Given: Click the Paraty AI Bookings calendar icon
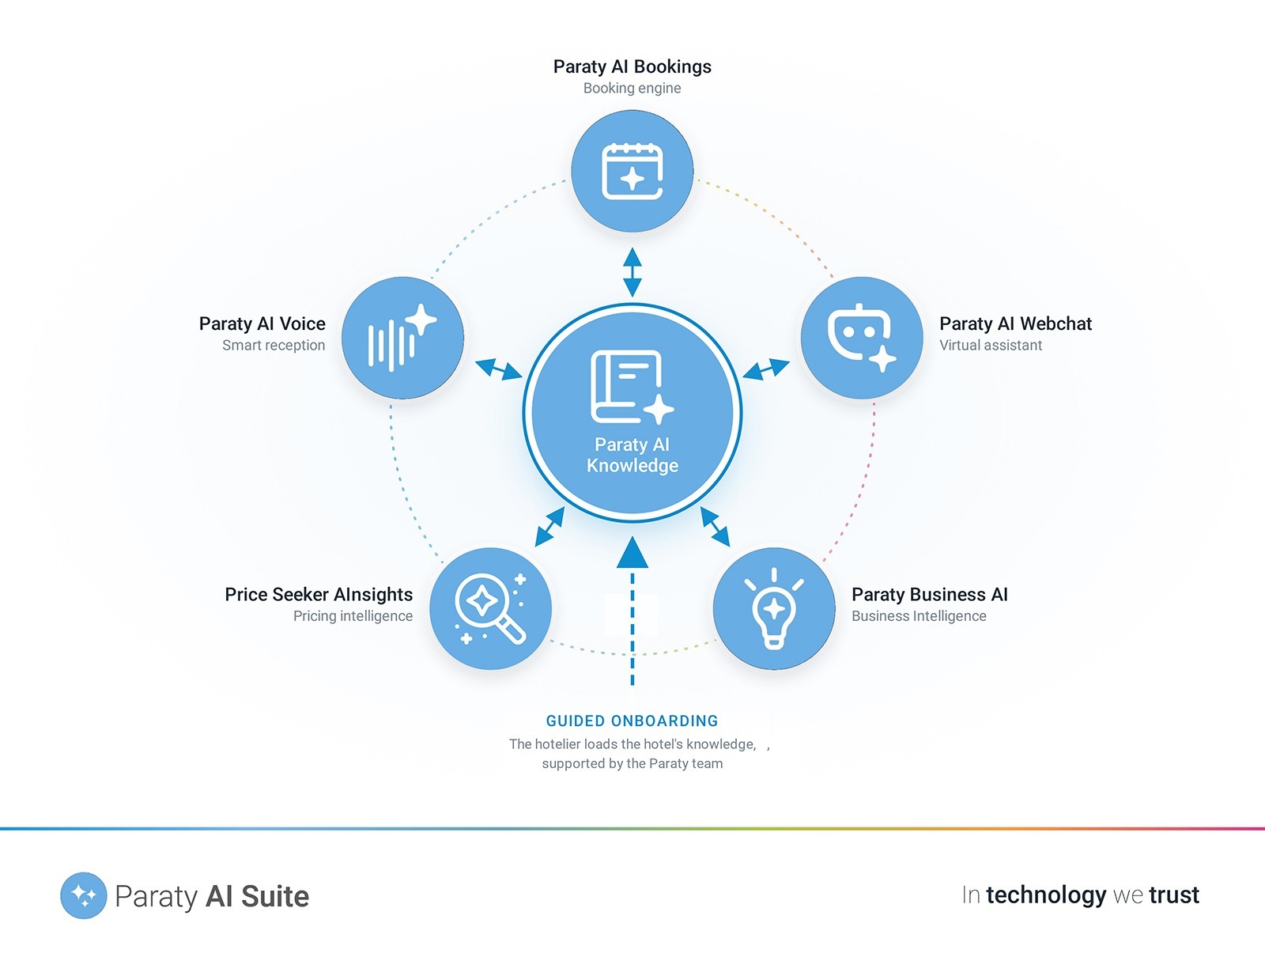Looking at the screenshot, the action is tap(632, 171).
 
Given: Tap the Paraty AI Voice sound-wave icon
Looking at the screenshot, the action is tap(402, 338).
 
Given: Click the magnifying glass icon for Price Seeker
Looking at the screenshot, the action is tap(490, 609).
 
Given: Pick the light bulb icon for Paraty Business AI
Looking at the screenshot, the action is tap(774, 609).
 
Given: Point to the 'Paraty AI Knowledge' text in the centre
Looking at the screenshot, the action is tap(632, 455).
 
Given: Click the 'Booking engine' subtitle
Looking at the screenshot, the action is tap(632, 89).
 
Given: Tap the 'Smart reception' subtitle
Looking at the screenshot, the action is tap(274, 346).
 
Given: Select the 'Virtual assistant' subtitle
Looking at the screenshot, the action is tap(991, 346).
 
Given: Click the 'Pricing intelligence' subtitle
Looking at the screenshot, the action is tap(353, 616).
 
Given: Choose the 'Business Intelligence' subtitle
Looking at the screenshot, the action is tap(919, 616).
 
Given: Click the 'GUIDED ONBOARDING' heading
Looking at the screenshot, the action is tap(632, 721).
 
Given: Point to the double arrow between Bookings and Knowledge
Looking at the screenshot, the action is tap(632, 272).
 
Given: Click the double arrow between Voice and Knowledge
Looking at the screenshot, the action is tap(499, 369).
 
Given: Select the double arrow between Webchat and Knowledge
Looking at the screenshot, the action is tap(766, 369).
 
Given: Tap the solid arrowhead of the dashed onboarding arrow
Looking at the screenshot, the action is tap(632, 554).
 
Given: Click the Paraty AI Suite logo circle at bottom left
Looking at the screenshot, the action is tap(84, 895).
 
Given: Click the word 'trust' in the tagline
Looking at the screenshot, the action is tap(1174, 895).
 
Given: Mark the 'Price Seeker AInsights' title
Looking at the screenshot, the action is tap(319, 594).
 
